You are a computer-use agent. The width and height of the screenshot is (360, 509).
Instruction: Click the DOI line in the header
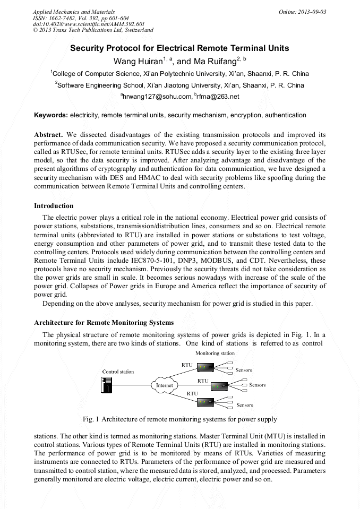tap(89, 24)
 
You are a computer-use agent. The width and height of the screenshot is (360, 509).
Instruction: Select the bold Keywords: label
tap(51, 115)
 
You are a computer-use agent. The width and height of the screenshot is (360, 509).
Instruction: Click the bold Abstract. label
tap(49, 135)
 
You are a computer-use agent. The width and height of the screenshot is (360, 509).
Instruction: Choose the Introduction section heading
tap(54, 206)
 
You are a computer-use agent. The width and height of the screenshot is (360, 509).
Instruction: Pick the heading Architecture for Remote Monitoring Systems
tap(104, 322)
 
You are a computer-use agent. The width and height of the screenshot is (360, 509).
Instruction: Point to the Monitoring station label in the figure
tap(215, 353)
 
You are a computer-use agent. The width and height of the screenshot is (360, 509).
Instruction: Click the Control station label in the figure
tap(118, 372)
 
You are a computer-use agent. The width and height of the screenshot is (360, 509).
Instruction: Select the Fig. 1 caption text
tap(180, 419)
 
